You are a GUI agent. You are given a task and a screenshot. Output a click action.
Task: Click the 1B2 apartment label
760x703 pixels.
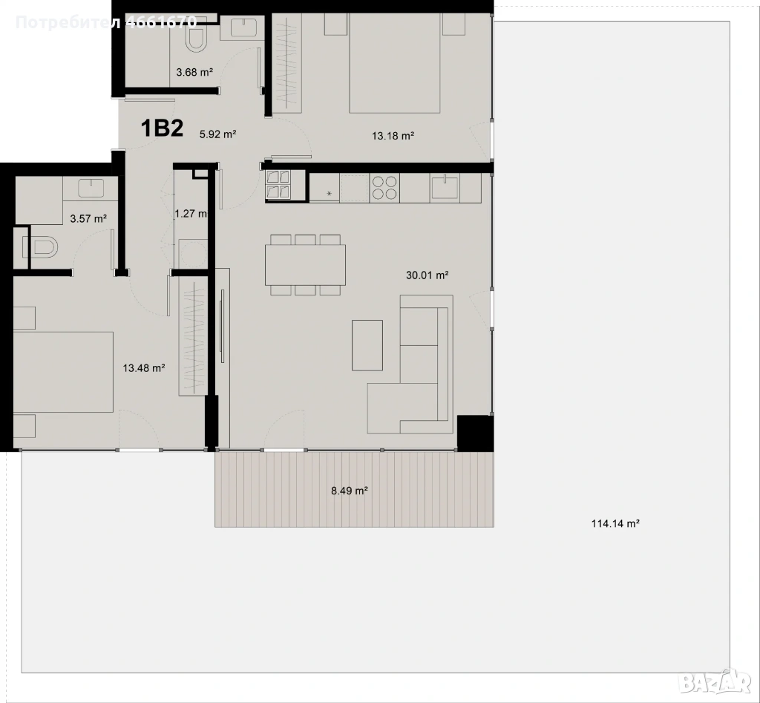162,129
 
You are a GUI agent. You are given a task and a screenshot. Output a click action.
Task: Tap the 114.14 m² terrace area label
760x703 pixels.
615,523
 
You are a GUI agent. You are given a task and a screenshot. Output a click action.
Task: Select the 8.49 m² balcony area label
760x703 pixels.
349,491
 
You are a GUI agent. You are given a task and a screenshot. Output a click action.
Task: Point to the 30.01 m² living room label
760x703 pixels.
427,275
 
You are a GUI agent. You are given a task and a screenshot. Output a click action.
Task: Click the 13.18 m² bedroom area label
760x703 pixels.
393,136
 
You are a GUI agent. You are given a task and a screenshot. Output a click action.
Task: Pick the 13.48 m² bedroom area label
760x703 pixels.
144,368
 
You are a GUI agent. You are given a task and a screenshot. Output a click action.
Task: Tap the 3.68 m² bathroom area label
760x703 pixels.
195,72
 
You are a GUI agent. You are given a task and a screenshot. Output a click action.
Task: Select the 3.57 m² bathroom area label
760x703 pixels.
88,219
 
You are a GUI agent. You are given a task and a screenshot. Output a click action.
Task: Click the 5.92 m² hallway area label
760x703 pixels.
217,134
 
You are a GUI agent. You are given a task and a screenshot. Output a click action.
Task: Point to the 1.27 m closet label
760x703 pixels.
191,213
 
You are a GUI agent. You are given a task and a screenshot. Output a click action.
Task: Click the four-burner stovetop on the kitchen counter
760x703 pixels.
384,188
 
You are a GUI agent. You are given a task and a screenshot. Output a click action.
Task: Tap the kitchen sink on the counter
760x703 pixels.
445,186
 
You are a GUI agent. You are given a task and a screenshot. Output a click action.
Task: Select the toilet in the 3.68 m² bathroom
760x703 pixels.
197,38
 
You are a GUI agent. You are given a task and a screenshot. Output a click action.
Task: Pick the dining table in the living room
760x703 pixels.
305,265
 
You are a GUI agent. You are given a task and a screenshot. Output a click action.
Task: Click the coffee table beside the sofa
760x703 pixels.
367,345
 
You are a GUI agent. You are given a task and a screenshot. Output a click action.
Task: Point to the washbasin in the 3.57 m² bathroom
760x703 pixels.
91,188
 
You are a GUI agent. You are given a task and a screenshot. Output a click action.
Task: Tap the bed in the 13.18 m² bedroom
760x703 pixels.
395,63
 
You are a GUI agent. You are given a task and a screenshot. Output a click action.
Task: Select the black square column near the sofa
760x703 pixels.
476,434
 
